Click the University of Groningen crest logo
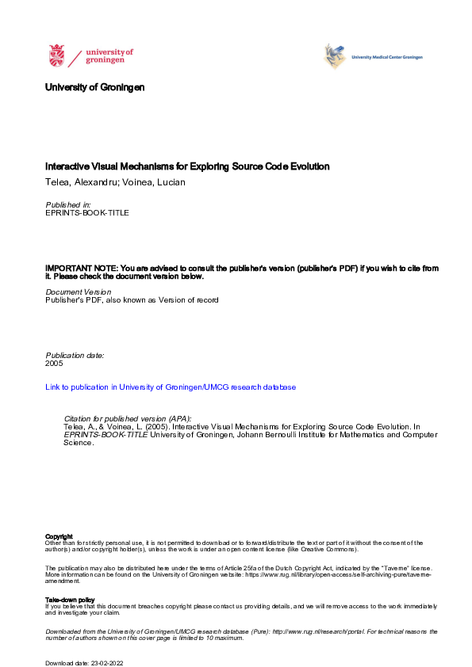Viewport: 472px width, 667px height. [56, 55]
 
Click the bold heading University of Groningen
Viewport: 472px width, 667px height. [95, 87]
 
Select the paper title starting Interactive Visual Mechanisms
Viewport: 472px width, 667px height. [187, 167]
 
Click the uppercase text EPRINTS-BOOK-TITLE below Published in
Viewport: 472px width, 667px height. [87, 213]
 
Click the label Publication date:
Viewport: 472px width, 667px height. [75, 355]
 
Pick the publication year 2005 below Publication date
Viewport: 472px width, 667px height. [55, 364]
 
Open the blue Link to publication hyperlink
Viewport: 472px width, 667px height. [171, 387]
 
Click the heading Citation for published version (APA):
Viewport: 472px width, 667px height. [127, 418]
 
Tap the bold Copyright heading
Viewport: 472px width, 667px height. [59, 536]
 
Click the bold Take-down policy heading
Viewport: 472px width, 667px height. [70, 600]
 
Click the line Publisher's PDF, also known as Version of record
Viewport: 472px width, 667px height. [132, 301]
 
